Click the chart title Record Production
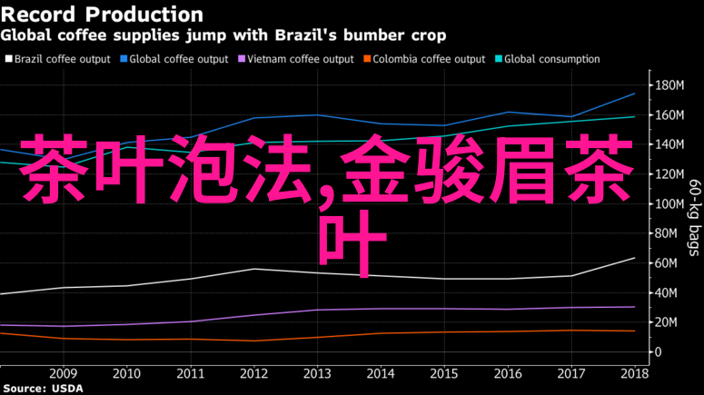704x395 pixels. pos(103,15)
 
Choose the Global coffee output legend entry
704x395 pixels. pos(178,59)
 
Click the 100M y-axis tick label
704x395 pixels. pos(673,203)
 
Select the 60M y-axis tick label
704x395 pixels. pos(670,262)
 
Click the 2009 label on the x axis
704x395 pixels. pos(63,373)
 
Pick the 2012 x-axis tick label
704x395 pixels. pos(253,373)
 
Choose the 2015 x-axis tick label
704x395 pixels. pos(444,373)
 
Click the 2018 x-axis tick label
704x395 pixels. pos(635,373)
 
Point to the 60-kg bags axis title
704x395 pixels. pos(695,218)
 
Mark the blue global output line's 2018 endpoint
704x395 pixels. pos(634,94)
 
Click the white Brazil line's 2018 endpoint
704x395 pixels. pos(634,258)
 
